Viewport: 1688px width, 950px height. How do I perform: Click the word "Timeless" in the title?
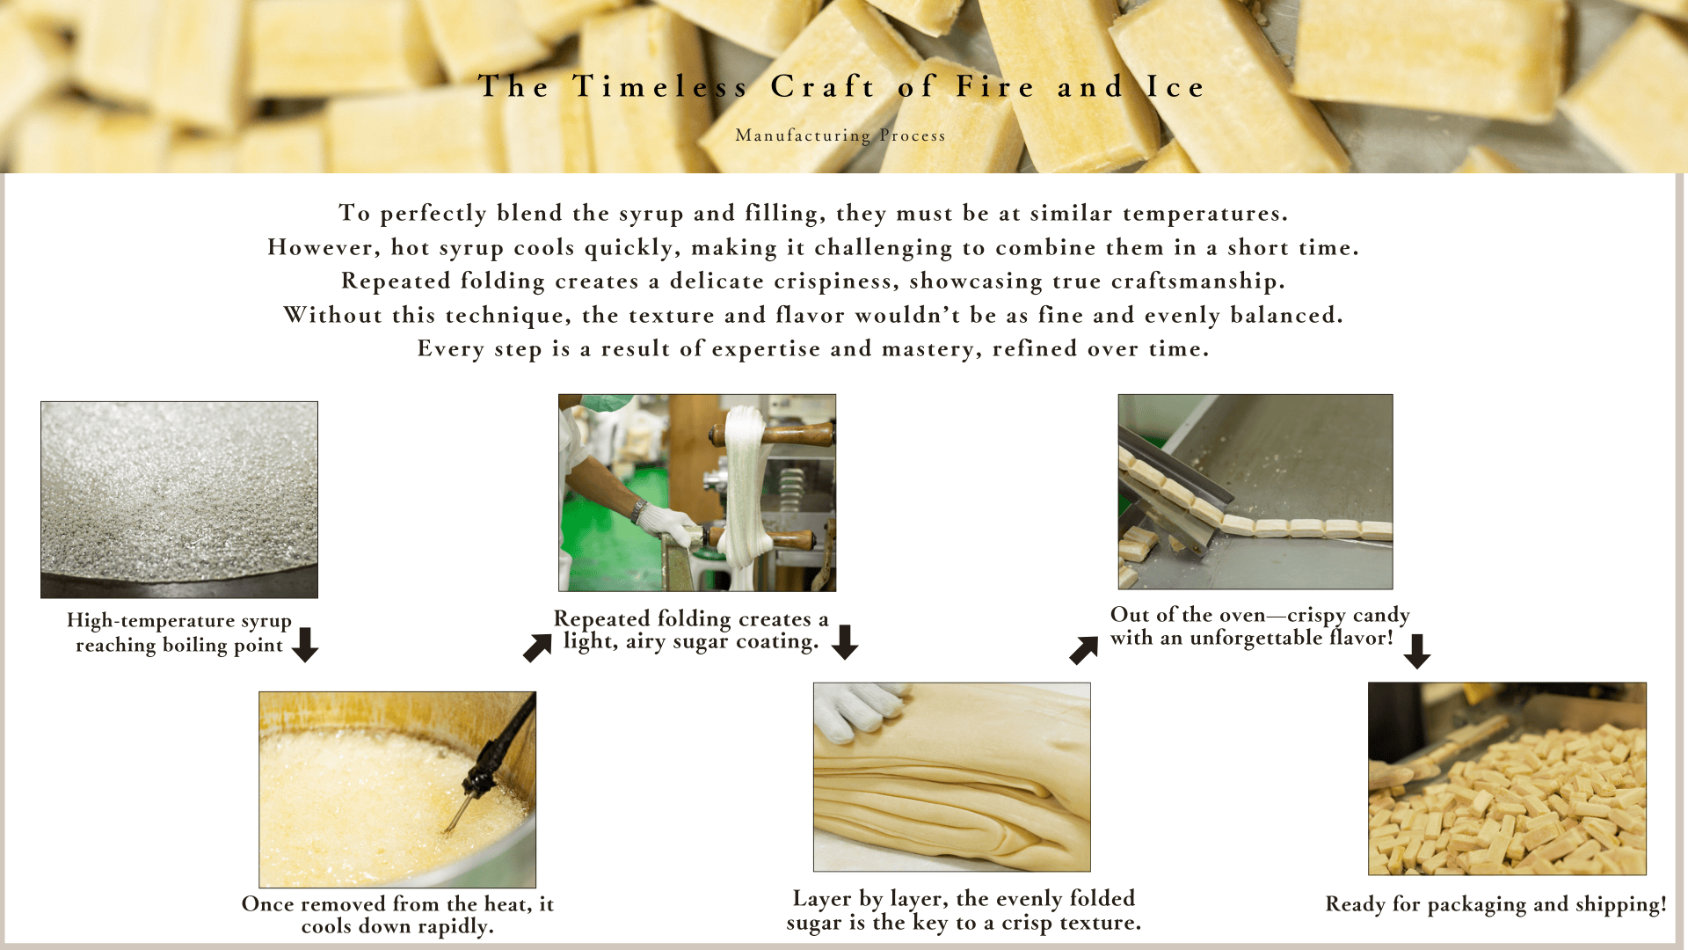pyautogui.click(x=660, y=87)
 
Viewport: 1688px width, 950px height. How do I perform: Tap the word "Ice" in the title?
pyautogui.click(x=1175, y=87)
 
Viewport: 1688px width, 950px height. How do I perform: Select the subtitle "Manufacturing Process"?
pyautogui.click(x=840, y=135)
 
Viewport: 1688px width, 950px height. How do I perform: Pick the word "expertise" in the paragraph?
pyautogui.click(x=766, y=350)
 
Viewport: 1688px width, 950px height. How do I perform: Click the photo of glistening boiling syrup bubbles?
pyautogui.click(x=179, y=500)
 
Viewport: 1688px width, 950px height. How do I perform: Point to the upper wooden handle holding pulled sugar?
pyautogui.click(x=774, y=434)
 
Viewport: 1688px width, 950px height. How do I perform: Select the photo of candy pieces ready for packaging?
pyautogui.click(x=1507, y=778)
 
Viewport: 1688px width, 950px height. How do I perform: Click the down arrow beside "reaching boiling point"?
pyautogui.click(x=305, y=645)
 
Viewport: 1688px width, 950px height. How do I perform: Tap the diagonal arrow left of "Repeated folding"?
pyautogui.click(x=537, y=648)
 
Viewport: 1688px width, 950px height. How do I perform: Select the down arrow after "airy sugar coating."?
pyautogui.click(x=845, y=642)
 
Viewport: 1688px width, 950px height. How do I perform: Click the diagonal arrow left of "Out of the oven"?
pyautogui.click(x=1084, y=651)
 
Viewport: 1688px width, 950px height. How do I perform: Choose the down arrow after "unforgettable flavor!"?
pyautogui.click(x=1417, y=652)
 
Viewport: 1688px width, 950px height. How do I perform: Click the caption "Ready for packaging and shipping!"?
pyautogui.click(x=1495, y=904)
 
